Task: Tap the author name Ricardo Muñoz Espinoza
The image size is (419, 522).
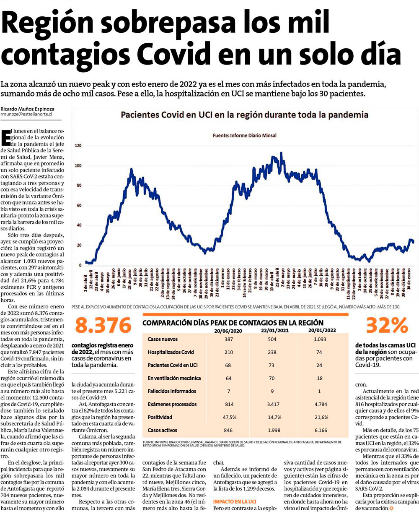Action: pos(27,109)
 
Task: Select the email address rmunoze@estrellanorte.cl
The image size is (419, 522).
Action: pos(26,114)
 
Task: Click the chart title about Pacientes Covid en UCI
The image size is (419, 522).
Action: pos(244,115)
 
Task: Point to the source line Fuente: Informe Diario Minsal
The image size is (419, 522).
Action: pos(244,136)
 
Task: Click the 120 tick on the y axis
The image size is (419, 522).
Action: pos(78,146)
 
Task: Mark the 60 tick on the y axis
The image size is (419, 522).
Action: pos(79,206)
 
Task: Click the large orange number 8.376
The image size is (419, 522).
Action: pos(103,325)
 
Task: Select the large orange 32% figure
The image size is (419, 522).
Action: pos(386,325)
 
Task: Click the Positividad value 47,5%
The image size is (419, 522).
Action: pos(229,417)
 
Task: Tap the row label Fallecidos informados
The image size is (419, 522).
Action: pos(172,391)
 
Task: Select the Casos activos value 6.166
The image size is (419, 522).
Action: pos(320,430)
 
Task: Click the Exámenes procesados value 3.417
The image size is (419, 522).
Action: pos(273,404)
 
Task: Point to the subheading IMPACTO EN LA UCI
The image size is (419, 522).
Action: pos(235,501)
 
